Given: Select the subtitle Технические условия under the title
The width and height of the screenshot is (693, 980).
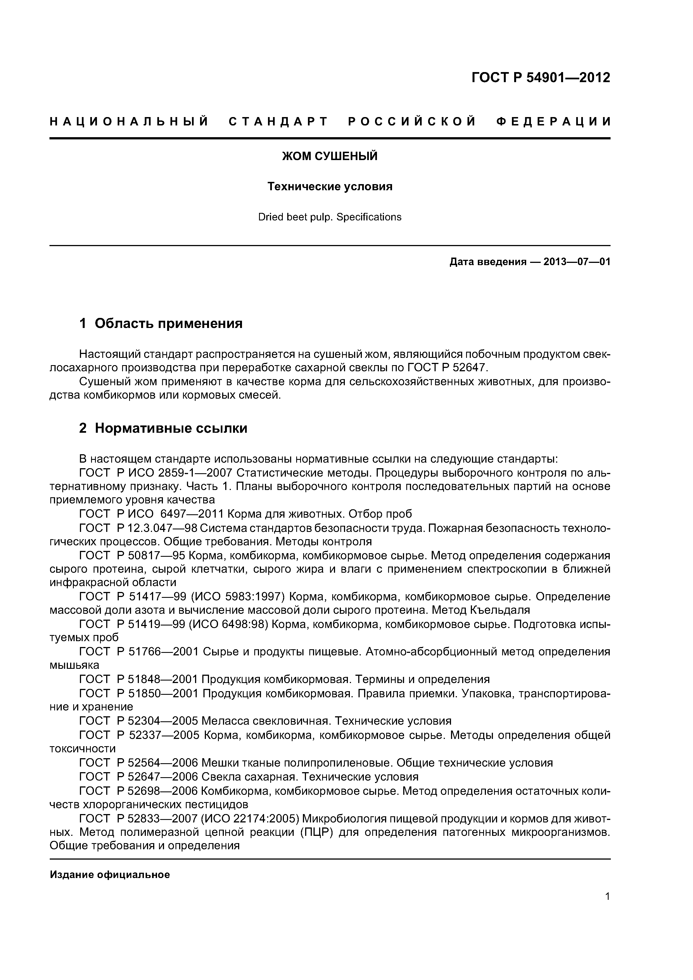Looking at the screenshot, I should pos(330,187).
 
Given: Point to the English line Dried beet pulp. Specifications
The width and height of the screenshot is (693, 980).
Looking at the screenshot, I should pos(330,217).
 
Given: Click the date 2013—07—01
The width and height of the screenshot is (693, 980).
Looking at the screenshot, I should pos(576,262).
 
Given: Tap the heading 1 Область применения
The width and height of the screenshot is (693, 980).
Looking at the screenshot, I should pos(161,324).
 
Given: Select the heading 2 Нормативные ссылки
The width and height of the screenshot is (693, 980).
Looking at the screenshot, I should pos(163,428).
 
